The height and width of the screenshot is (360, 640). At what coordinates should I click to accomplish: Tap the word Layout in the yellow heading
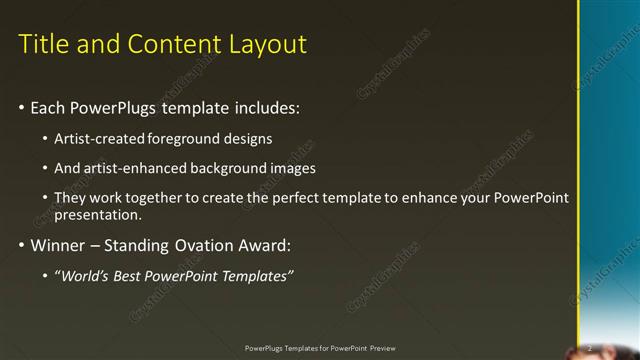tap(266, 44)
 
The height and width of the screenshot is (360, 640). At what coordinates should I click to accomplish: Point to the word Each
tap(49, 106)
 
